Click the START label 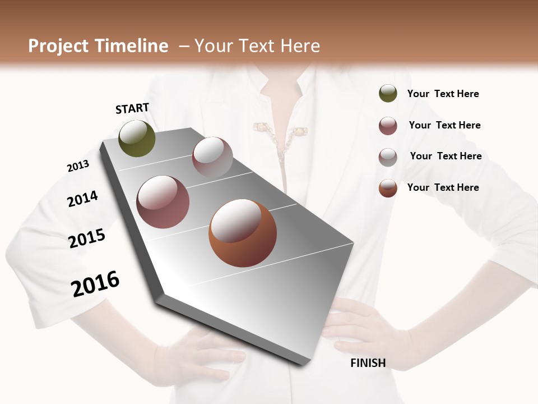tap(132, 108)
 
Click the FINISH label tap(368, 363)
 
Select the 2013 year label tap(78, 166)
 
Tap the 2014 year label tap(82, 199)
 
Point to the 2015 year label tap(87, 238)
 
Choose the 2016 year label tap(95, 283)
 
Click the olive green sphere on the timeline tap(137, 138)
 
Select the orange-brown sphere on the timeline tap(242, 233)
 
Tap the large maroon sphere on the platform tap(163, 202)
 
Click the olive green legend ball tap(388, 93)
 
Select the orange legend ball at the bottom tap(388, 188)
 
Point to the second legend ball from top tap(388, 126)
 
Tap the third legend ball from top tap(388, 157)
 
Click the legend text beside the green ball tap(443, 94)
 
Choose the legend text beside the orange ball tap(443, 187)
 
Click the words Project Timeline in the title tap(98, 46)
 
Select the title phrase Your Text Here tap(257, 46)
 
